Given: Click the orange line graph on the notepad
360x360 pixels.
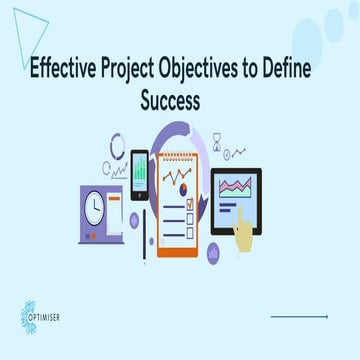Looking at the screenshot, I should coord(181,181).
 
